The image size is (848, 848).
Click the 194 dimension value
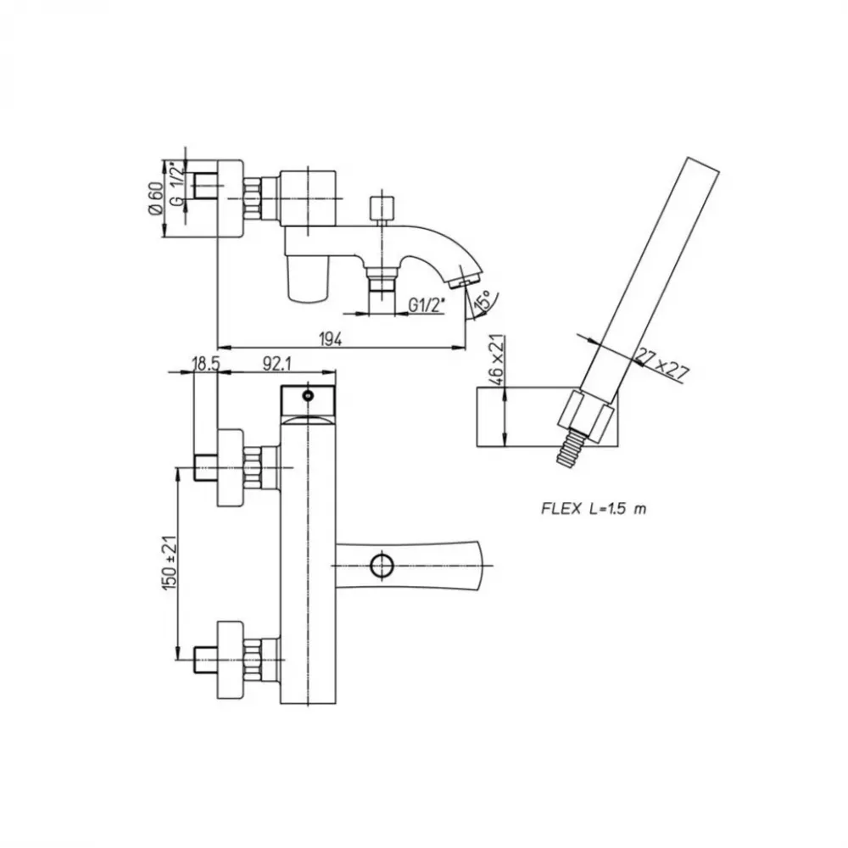click(x=331, y=339)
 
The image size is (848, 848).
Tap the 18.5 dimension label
click(x=206, y=364)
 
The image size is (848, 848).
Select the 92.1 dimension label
click(x=277, y=364)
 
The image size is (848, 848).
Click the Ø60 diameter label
click(x=155, y=198)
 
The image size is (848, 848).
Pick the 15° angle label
click(x=483, y=300)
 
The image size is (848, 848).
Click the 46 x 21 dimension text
click(x=497, y=359)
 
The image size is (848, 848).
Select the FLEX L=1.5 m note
click(x=594, y=508)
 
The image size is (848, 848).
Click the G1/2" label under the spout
click(x=427, y=305)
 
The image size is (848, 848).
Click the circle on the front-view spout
click(x=382, y=566)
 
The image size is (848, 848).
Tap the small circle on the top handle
click(x=309, y=396)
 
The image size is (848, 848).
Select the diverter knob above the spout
click(x=382, y=209)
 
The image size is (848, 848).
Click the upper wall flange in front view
click(x=230, y=468)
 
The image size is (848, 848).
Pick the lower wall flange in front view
click(x=230, y=660)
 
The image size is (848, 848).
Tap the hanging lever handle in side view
click(x=309, y=277)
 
